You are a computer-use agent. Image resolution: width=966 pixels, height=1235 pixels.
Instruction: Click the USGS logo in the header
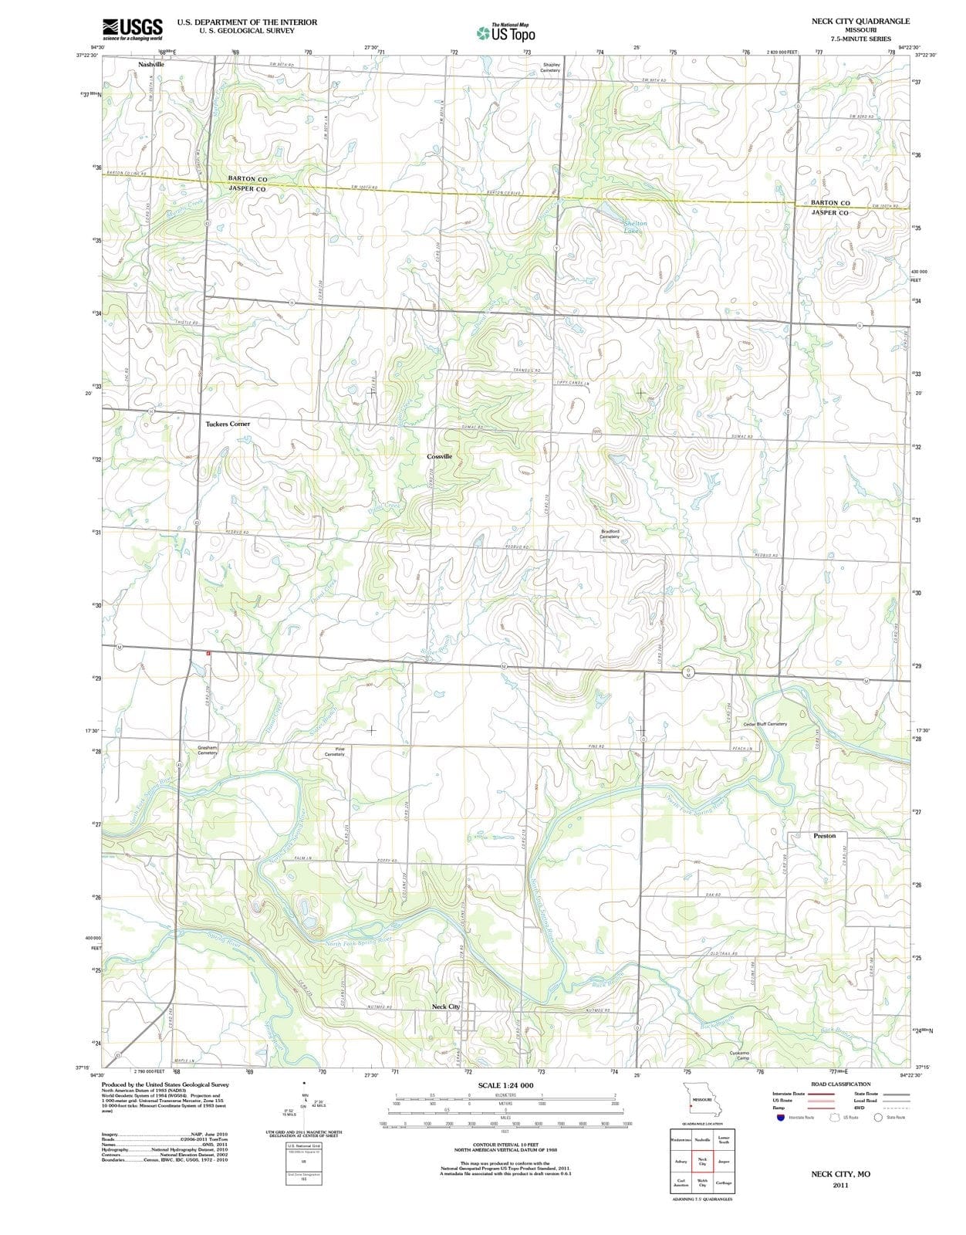tap(132, 29)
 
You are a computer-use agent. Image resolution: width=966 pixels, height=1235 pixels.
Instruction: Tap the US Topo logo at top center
tap(506, 33)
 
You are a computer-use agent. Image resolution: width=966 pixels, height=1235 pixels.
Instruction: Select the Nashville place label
tap(151, 65)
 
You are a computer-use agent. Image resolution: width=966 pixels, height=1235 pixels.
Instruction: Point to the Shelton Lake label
tap(634, 227)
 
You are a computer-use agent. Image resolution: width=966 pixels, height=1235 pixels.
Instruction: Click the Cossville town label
tap(440, 456)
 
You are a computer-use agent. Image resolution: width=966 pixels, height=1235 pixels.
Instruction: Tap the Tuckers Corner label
tap(228, 424)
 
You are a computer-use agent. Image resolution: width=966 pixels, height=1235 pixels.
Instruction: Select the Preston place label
tap(824, 835)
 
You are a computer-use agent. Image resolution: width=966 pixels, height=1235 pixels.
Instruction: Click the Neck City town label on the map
tap(445, 1007)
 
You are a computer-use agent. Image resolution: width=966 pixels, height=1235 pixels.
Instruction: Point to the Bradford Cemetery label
tap(610, 533)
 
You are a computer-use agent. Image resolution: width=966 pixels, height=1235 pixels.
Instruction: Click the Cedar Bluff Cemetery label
tap(765, 724)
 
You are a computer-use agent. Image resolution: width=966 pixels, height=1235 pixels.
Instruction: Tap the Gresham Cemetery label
tap(207, 749)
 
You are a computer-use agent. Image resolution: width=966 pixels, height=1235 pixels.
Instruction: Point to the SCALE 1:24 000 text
tap(505, 1085)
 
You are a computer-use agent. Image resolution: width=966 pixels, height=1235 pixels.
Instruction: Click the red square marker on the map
tap(208, 653)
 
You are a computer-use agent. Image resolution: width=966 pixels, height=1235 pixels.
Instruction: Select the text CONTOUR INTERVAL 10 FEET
tap(505, 1145)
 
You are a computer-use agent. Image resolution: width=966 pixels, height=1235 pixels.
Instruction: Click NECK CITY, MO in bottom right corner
tap(840, 1173)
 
